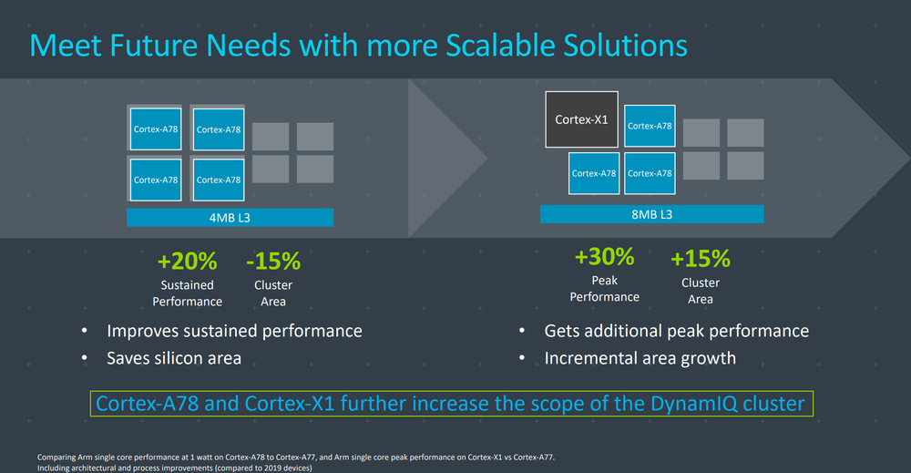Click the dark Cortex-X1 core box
pos(581,119)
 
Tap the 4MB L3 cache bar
pos(230,217)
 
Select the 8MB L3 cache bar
pos(652,214)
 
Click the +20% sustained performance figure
pos(187,262)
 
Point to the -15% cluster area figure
pos(273,262)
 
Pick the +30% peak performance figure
pos(604,257)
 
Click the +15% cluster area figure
pos(700,259)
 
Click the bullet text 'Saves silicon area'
pos(174,358)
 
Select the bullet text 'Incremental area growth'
pos(640,358)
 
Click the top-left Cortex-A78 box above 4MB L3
pos(155,129)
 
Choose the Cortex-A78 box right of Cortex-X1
pos(650,126)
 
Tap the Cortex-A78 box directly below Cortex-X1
pos(594,173)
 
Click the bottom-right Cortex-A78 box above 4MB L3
pos(218,180)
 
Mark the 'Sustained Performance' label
pos(187,293)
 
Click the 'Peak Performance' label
pos(604,289)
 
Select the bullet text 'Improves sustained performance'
pos(234,331)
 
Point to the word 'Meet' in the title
pos(65,46)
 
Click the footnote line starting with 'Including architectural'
pos(174,468)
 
